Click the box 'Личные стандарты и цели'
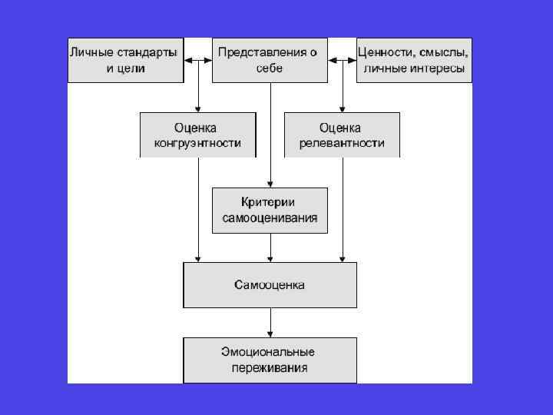(125, 60)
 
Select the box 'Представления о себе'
(270, 60)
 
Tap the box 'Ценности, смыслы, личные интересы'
(414, 60)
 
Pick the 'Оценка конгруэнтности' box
(197, 134)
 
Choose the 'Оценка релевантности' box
(342, 134)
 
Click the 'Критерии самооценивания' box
(270, 210)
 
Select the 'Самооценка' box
(270, 285)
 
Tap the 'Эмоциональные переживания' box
(270, 360)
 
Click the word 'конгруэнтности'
(197, 143)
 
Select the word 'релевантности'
(342, 143)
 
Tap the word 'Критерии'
(270, 202)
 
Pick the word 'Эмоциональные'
(270, 352)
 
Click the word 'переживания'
(270, 368)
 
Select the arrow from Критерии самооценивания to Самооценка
(270, 247)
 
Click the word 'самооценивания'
(270, 218)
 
